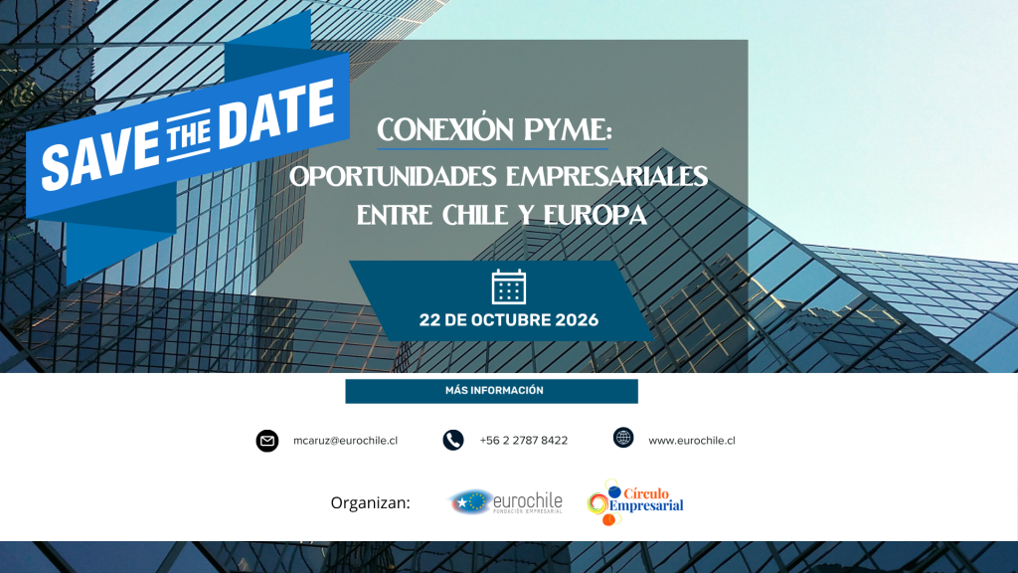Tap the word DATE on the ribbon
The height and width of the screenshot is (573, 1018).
coord(277,114)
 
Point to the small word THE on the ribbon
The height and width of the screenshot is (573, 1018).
coord(188,136)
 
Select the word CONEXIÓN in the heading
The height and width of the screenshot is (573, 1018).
coord(446,128)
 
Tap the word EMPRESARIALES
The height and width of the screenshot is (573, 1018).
coord(606,177)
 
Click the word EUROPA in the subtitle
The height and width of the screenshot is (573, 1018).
coord(594,215)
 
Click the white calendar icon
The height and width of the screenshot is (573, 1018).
coord(509,286)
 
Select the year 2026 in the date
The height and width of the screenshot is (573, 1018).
coord(577,320)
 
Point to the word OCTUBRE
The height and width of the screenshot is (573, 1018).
coord(512,320)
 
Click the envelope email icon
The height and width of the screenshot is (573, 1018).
coord(266,441)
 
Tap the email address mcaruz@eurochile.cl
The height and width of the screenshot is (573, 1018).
coord(345,441)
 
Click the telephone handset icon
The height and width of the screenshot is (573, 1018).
coord(453,441)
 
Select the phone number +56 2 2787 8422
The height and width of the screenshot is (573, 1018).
coord(524,441)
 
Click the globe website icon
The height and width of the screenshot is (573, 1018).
coord(623,438)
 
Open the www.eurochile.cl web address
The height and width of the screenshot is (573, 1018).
coord(692,441)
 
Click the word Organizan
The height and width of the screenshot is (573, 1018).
coord(370,502)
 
